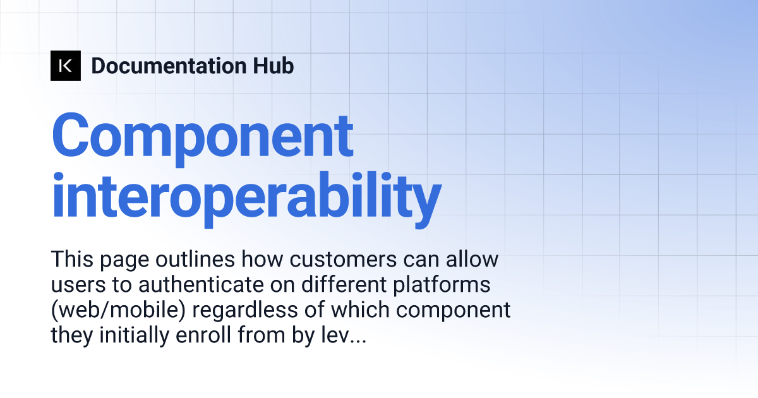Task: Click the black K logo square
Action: pyautogui.click(x=66, y=66)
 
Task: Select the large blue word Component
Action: pyautogui.click(x=202, y=136)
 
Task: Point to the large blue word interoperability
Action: pyautogui.click(x=246, y=196)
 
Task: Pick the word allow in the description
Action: pyautogui.click(x=469, y=259)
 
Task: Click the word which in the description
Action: pyautogui.click(x=366, y=311)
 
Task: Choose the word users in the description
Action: pyautogui.click(x=75, y=285)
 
